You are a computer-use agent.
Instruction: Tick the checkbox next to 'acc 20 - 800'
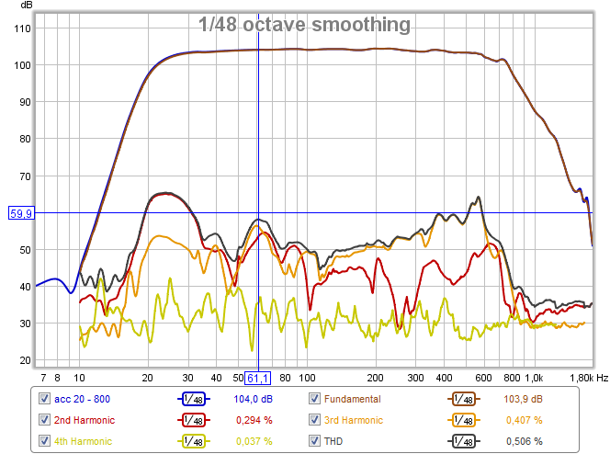click(44, 399)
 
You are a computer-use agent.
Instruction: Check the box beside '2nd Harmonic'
click(44, 420)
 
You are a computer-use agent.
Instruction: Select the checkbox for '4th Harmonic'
click(44, 441)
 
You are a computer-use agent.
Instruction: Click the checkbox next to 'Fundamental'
click(315, 399)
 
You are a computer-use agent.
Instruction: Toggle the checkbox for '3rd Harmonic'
click(315, 420)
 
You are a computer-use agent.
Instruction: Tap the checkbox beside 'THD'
click(315, 441)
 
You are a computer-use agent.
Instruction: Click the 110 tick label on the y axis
click(21, 28)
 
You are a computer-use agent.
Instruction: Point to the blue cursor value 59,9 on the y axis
click(21, 213)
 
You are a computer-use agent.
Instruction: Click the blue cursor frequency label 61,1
click(257, 378)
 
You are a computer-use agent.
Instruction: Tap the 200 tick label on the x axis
click(375, 378)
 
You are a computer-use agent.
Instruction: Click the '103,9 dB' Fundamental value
click(522, 399)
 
